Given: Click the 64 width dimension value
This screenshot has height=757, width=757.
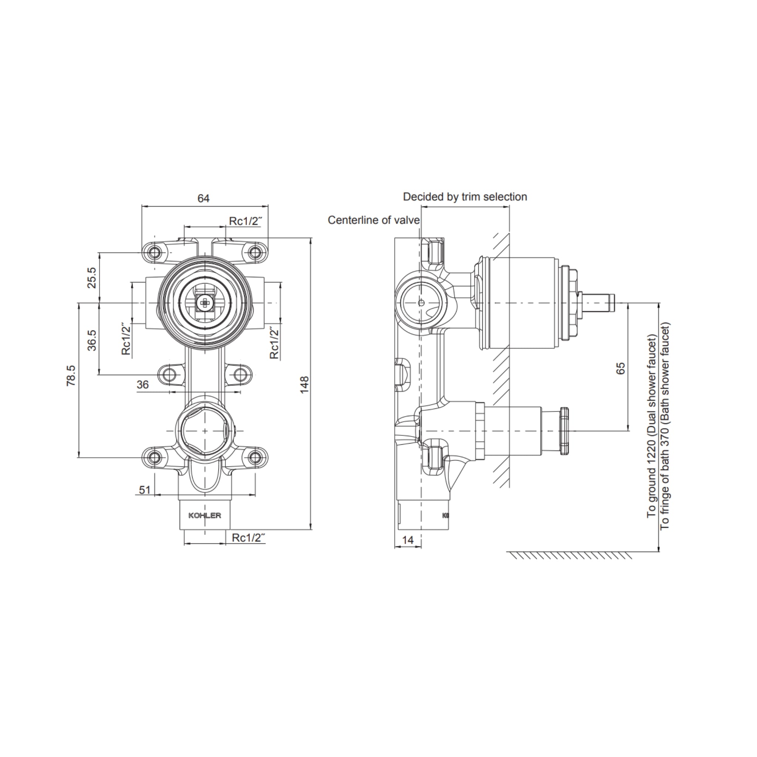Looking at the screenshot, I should tap(203, 198).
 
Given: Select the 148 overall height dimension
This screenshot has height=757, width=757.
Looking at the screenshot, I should tap(305, 384).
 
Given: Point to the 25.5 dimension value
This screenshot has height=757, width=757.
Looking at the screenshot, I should tap(91, 278).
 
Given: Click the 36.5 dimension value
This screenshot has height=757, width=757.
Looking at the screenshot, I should tap(91, 340).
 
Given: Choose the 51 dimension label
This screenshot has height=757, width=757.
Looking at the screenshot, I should tap(145, 490).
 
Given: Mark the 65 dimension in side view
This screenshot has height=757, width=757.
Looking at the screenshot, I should tap(621, 368).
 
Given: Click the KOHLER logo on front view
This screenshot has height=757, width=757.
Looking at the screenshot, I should tap(204, 516).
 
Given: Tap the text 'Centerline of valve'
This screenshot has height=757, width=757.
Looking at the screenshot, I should tap(373, 220).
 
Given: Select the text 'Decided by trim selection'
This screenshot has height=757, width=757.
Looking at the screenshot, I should tap(465, 197).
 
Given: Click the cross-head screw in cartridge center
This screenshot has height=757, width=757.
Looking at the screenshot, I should tap(204, 302).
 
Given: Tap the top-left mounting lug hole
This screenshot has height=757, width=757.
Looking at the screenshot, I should tap(156, 251).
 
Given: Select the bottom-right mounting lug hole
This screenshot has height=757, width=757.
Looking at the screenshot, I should tap(255, 457).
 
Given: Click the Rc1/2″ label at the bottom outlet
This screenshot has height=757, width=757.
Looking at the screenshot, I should tap(248, 538).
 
